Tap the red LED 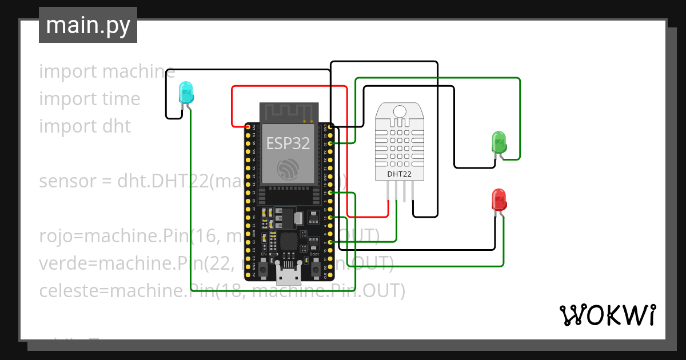coord(499,200)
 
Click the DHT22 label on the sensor coord(399,174)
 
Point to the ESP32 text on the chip coord(288,143)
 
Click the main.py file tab coord(88,26)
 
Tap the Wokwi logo coord(607,315)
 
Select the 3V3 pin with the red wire coord(248,126)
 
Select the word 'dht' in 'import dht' coord(117,126)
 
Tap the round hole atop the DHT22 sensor coord(399,111)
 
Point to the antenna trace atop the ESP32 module coord(288,113)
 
